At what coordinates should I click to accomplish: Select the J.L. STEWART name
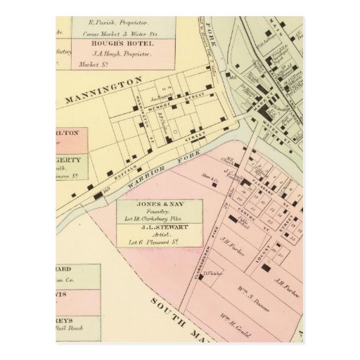[x=159, y=228]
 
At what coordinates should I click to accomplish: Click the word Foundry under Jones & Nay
[x=159, y=213]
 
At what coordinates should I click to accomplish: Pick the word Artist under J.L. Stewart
[x=159, y=236]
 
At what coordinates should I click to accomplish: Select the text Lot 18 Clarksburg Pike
[x=159, y=220]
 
